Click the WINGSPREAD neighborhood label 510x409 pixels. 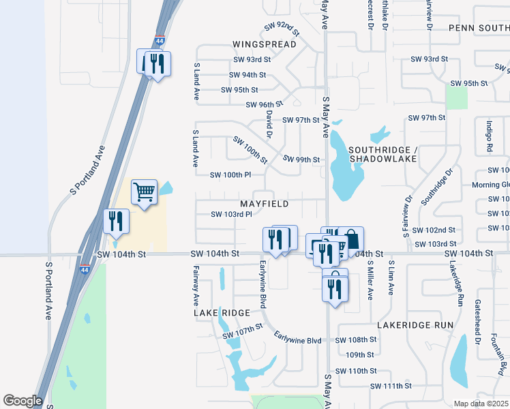coord(264,44)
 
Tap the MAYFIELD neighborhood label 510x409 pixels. coord(264,204)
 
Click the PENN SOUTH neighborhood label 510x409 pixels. coord(479,28)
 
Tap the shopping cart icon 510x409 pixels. coord(144,192)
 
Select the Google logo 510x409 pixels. coord(22,400)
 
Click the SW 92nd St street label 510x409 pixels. coord(282,29)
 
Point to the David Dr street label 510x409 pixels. coord(269,123)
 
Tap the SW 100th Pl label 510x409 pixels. coord(230,175)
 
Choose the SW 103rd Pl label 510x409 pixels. coord(231,214)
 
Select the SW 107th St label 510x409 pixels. coord(243,331)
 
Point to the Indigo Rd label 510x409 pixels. coord(489,136)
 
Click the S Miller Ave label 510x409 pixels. coord(371,279)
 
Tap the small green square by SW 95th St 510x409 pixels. coord(457,98)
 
